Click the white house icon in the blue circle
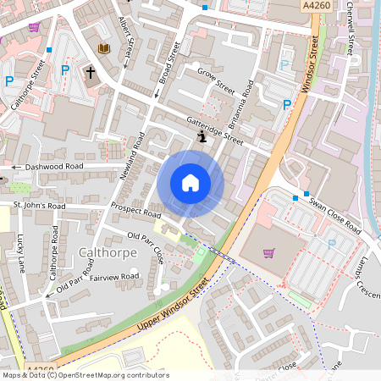(x=190, y=183)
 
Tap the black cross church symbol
(x=90, y=74)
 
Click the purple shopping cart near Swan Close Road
(x=269, y=252)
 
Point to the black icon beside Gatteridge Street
(x=202, y=135)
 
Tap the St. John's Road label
(x=39, y=205)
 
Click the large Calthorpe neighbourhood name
(x=102, y=252)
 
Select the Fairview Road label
(x=114, y=277)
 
